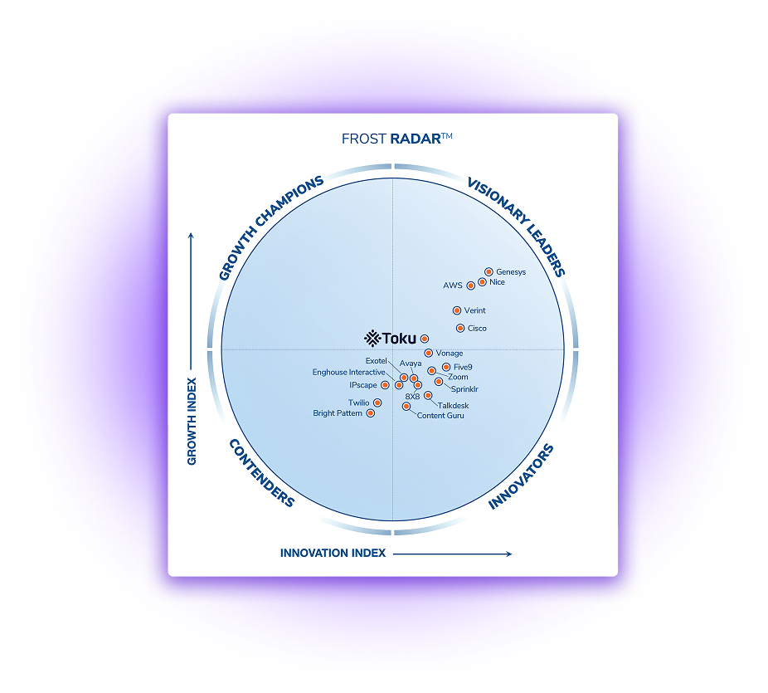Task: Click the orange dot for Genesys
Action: point(489,271)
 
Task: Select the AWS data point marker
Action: point(471,285)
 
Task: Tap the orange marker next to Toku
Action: point(425,339)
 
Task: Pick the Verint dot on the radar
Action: point(456,310)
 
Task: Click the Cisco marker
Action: point(460,328)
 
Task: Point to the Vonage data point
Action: point(428,353)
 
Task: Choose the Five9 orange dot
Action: point(445,367)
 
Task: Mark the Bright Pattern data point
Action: point(371,413)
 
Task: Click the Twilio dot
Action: point(377,403)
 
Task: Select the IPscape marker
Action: point(385,385)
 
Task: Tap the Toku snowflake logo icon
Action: point(372,338)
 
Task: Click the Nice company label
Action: point(497,282)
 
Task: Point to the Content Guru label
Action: point(440,415)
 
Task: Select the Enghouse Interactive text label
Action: point(348,372)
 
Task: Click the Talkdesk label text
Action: point(453,405)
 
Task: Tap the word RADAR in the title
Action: point(416,139)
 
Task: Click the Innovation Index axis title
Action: point(333,553)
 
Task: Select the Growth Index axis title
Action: point(192,421)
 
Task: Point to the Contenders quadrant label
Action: point(262,473)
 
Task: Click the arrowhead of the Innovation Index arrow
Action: point(509,554)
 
